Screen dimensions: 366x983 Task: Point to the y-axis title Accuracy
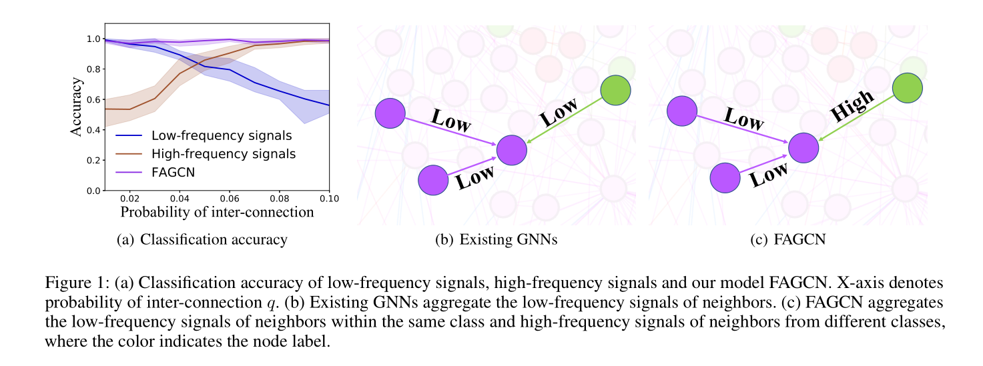pos(77,107)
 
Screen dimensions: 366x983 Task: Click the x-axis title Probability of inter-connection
pos(217,212)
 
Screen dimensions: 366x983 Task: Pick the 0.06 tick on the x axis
pos(229,198)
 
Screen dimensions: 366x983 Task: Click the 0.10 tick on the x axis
pos(330,198)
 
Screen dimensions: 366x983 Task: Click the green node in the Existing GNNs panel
pos(615,90)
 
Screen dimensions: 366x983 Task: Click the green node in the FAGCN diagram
pos(907,88)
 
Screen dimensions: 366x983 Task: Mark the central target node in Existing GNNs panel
pos(512,149)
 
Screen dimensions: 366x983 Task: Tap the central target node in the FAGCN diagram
pos(803,148)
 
